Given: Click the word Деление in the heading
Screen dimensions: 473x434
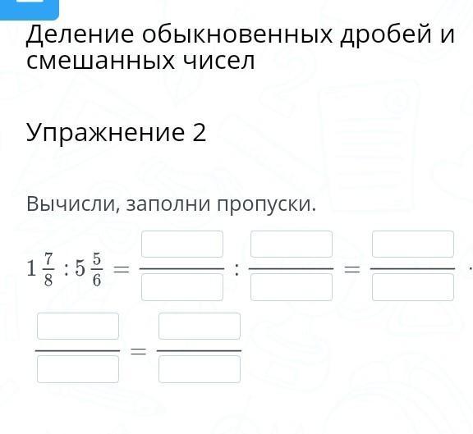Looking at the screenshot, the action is [80, 35].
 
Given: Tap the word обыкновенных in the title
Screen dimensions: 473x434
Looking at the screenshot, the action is [237, 34].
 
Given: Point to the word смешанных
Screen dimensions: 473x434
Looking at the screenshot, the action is [100, 61].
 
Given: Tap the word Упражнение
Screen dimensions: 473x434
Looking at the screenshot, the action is [105, 133].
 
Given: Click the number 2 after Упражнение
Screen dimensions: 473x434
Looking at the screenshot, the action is [199, 132].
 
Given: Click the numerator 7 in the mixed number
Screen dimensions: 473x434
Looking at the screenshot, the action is [48, 258].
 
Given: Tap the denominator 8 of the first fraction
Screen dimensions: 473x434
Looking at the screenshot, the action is [48, 281].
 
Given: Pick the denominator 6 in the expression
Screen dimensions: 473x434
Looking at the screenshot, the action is [97, 281].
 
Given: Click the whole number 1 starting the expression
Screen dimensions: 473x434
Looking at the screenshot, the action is [31, 269].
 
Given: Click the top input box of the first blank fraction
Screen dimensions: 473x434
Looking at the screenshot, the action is [182, 244].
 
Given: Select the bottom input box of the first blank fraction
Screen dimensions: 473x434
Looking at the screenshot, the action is [182, 287].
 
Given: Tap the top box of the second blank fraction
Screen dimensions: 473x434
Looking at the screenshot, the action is [292, 244].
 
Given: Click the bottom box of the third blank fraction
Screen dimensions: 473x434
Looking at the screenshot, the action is [413, 287].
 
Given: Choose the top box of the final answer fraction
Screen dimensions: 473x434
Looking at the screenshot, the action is [200, 326].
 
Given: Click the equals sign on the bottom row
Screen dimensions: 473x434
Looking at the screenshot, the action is [138, 351].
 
